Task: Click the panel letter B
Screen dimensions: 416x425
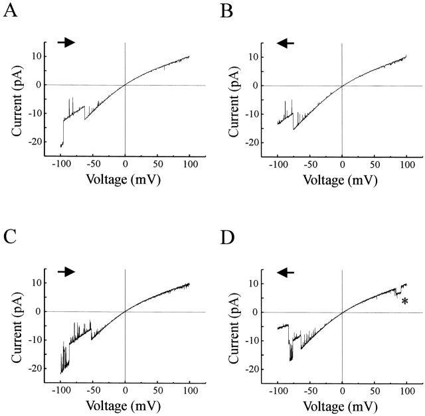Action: [224, 14]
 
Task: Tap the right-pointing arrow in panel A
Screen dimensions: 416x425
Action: [66, 42]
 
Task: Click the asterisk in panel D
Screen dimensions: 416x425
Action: [404, 302]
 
